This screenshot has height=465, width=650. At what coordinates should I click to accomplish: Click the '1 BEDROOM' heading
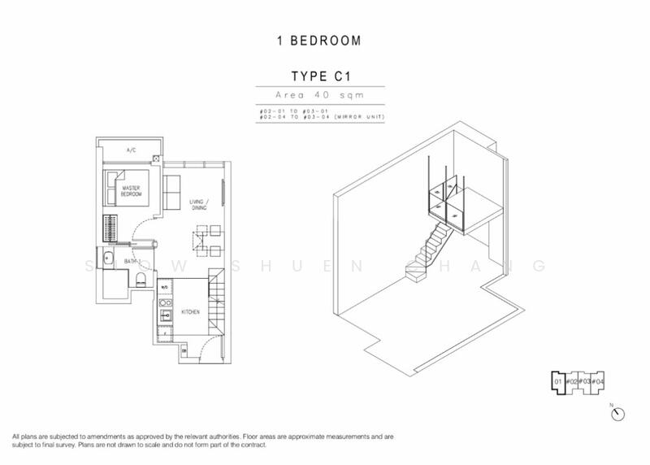click(324, 39)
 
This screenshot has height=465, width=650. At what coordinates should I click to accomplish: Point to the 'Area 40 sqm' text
click(324, 95)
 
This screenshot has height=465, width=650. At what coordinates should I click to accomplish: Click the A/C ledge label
click(131, 151)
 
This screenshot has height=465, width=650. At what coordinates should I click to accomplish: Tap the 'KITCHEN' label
click(192, 311)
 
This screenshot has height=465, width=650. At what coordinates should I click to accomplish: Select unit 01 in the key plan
click(558, 381)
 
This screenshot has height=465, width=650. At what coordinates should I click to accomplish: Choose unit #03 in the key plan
click(583, 381)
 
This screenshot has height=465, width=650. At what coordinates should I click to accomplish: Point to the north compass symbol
click(619, 412)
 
